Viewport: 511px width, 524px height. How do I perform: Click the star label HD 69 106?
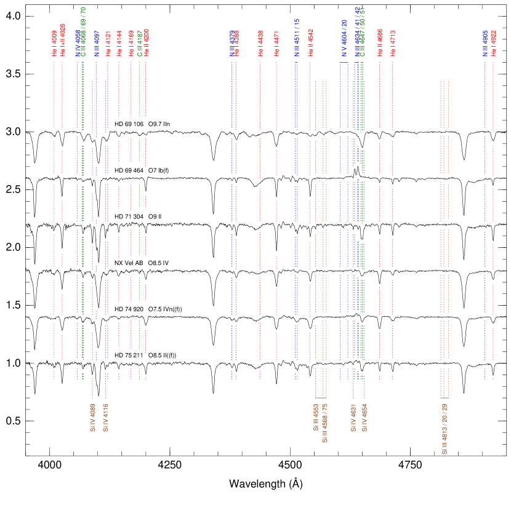(129, 124)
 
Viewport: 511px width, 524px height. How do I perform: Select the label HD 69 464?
(129, 170)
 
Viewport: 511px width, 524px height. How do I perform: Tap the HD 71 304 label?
(129, 216)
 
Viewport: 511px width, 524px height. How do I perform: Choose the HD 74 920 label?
(129, 309)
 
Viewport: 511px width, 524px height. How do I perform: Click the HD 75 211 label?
(129, 355)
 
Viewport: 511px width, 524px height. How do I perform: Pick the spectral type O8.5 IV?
(162, 263)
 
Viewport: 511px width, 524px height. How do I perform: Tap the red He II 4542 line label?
(310, 43)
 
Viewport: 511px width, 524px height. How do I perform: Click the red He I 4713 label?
(393, 43)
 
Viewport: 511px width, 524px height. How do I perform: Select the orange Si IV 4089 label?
(92, 418)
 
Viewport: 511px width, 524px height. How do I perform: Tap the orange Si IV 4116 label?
(105, 418)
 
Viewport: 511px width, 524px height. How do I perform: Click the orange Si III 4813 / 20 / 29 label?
(445, 429)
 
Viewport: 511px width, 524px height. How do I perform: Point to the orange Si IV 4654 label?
(364, 418)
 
